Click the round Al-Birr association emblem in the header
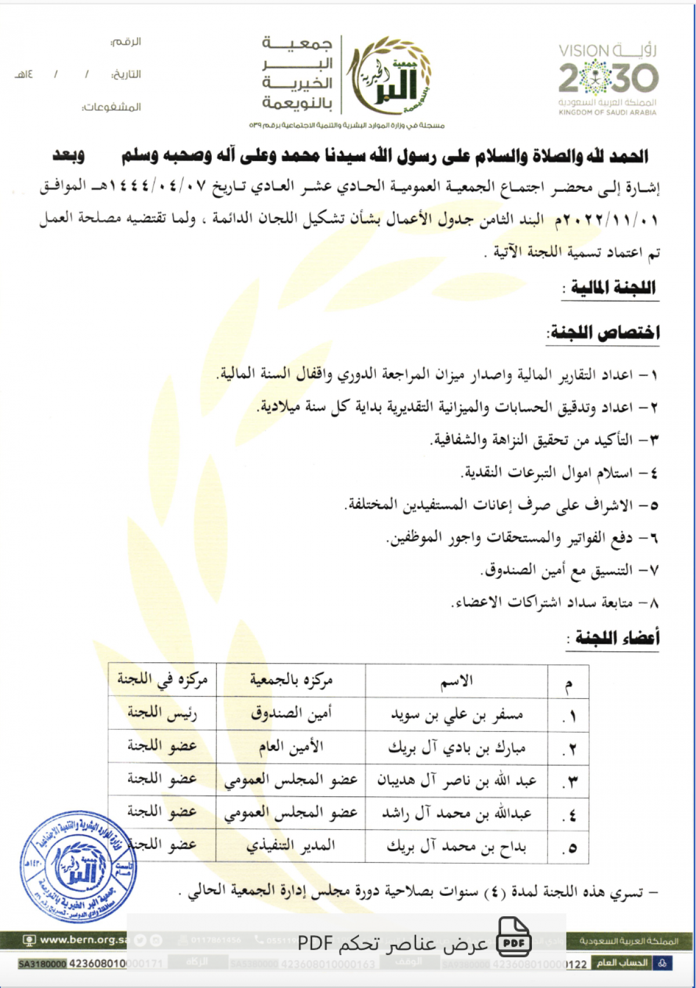[390, 75]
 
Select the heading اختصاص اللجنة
[604, 333]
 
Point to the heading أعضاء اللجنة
[617, 638]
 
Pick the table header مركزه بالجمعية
[291, 680]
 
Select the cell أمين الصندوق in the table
[291, 714]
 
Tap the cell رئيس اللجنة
[162, 713]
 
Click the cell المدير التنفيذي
[291, 846]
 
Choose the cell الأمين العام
[291, 747]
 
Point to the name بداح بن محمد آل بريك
[456, 847]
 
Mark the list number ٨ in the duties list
[654, 603]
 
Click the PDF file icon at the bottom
[514, 937]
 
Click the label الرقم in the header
[126, 42]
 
